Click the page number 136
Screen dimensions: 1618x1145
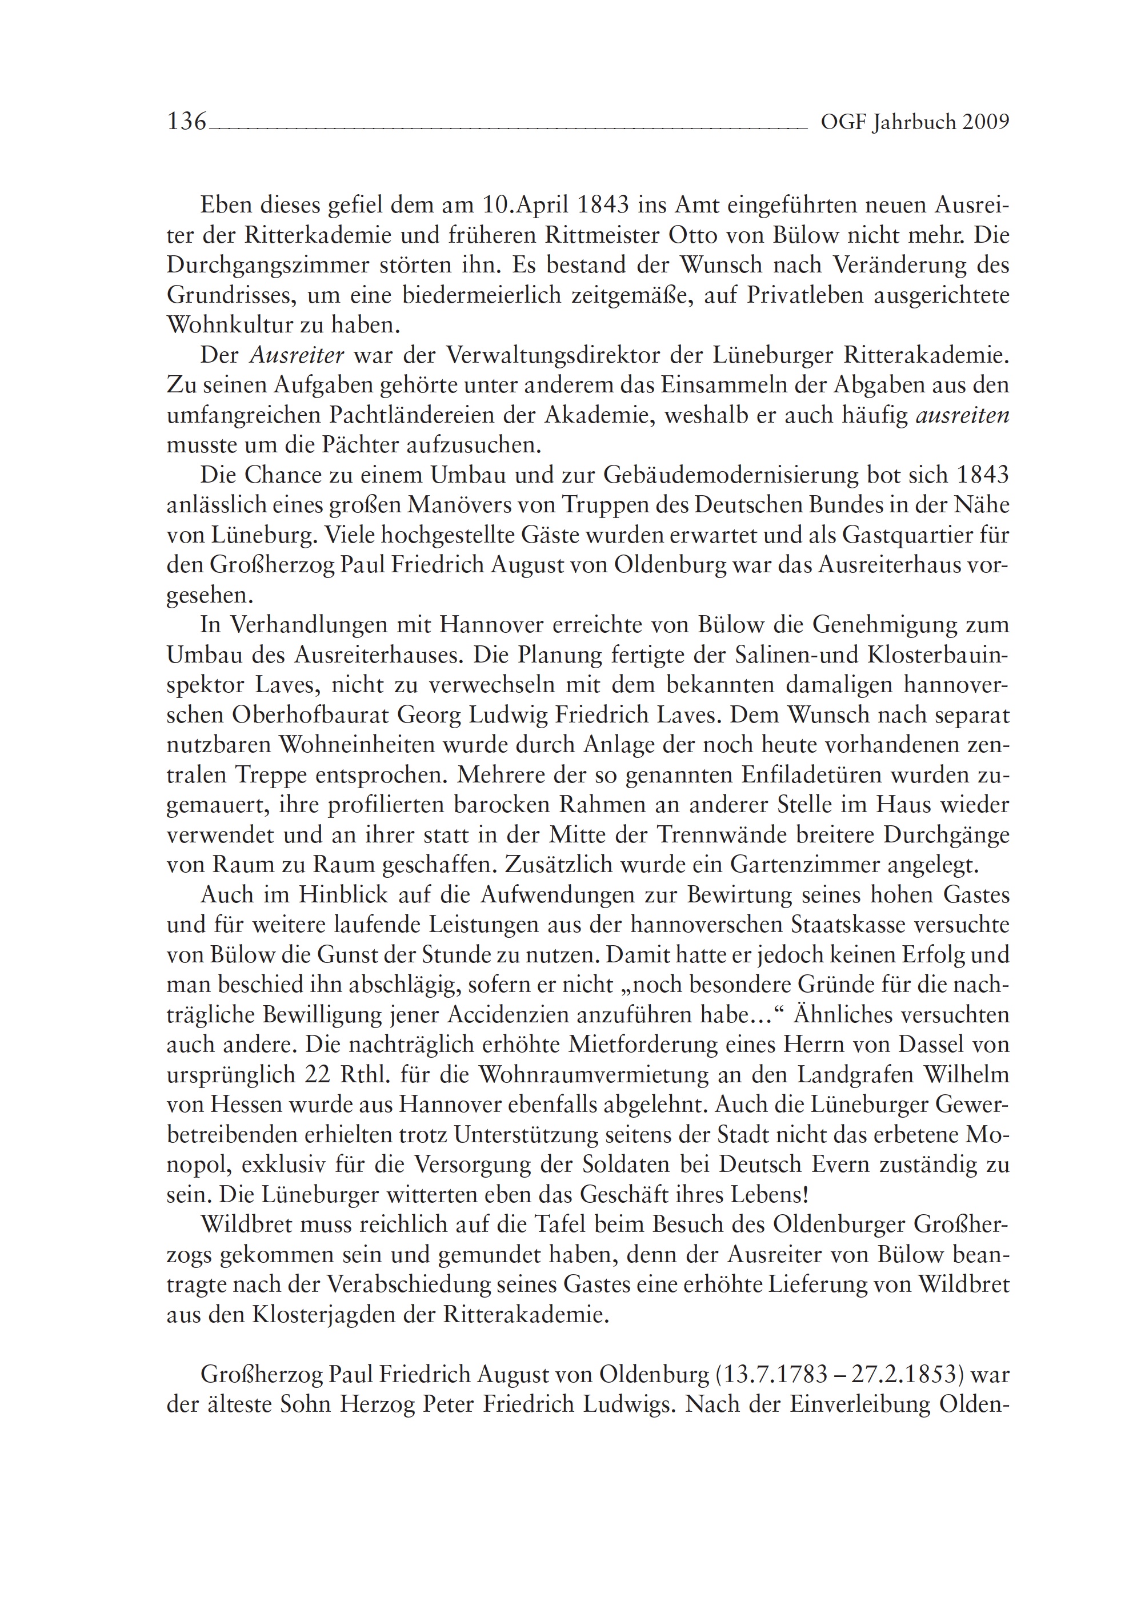pos(187,123)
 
